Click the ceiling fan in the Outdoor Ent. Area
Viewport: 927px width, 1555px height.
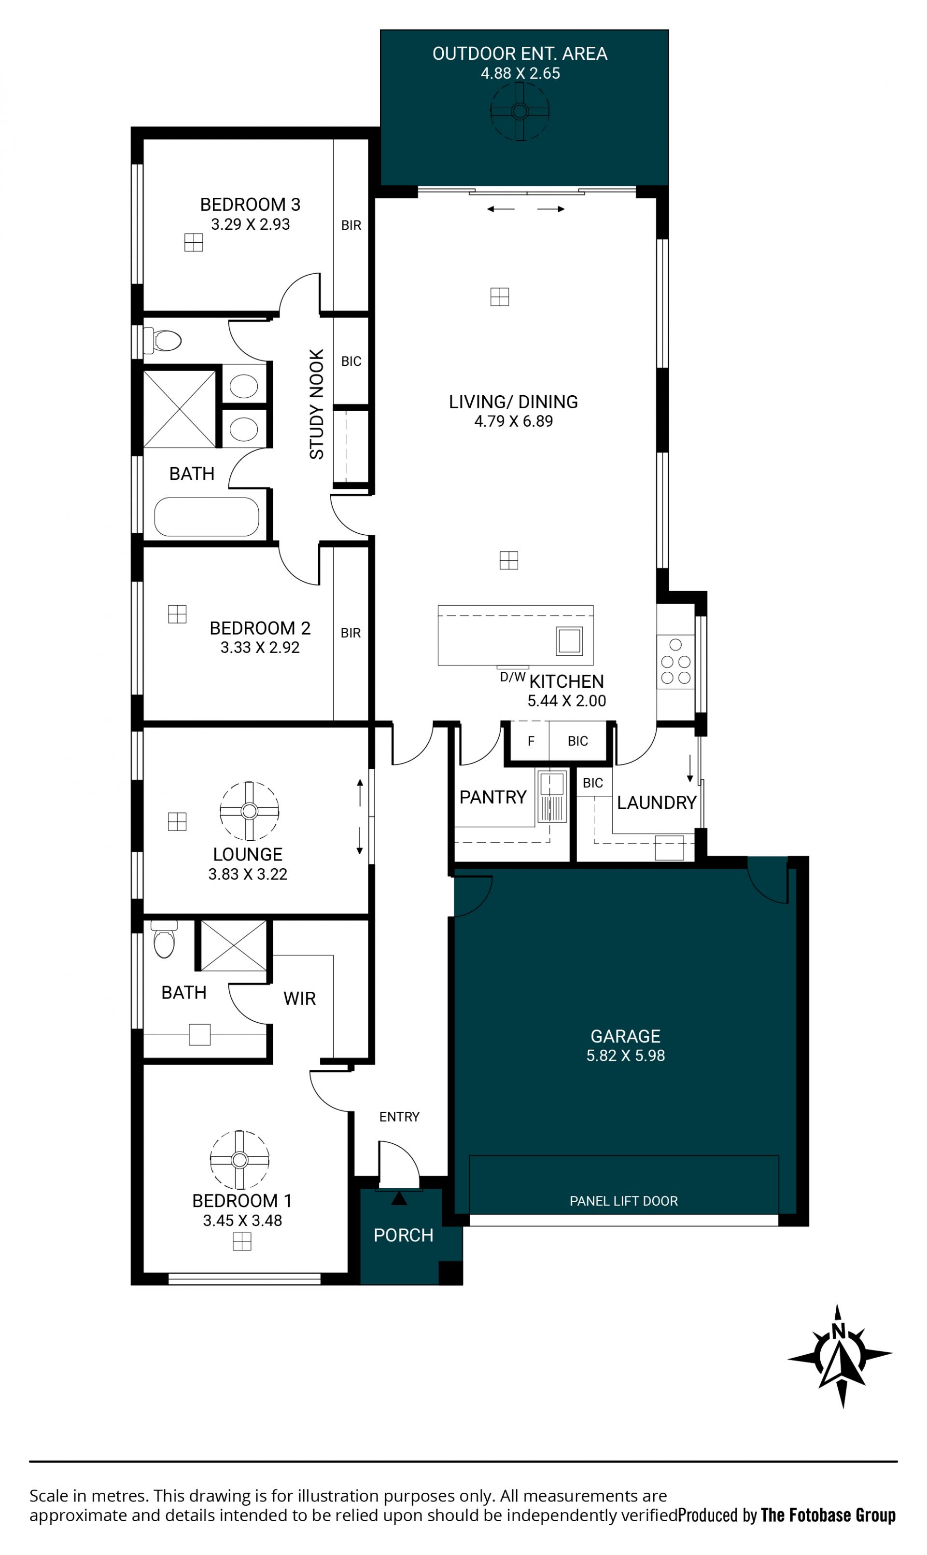pyautogui.click(x=520, y=112)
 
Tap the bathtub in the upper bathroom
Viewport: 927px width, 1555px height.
pyautogui.click(x=207, y=517)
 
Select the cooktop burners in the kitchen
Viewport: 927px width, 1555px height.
pyautogui.click(x=676, y=662)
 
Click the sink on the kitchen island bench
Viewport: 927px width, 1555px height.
pyautogui.click(x=569, y=641)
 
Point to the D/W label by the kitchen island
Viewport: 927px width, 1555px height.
pyautogui.click(x=513, y=677)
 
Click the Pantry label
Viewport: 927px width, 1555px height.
pyautogui.click(x=493, y=797)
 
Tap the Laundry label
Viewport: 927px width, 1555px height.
pyautogui.click(x=657, y=803)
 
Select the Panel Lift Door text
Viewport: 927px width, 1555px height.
pyautogui.click(x=623, y=1201)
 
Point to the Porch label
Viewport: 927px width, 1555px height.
pyautogui.click(x=404, y=1236)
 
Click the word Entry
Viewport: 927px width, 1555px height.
pyautogui.click(x=399, y=1117)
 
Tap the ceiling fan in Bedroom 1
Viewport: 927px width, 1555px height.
pyautogui.click(x=239, y=1160)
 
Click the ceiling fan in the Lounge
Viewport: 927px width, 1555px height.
pyautogui.click(x=249, y=811)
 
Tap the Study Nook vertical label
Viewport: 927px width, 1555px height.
pyautogui.click(x=317, y=404)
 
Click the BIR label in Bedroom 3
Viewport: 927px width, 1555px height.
pyautogui.click(x=351, y=225)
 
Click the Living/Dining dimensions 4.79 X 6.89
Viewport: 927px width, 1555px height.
pyautogui.click(x=514, y=421)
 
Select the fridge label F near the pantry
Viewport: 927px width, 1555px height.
pyautogui.click(x=531, y=741)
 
